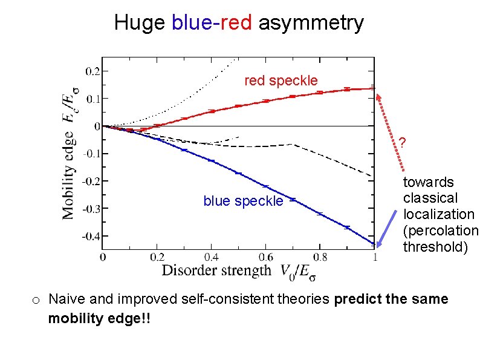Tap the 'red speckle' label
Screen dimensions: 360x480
(281, 80)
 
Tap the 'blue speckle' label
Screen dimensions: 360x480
(243, 201)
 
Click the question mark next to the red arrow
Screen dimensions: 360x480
(401, 143)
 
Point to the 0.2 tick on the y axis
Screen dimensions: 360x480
(92, 71)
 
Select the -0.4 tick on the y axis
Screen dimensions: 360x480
(91, 236)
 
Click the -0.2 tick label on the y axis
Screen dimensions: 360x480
(91, 181)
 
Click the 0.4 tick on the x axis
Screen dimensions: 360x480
(211, 257)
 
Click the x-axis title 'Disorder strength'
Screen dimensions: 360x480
(216, 270)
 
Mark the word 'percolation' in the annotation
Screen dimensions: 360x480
(440, 231)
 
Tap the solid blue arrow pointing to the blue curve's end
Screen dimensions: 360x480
(388, 227)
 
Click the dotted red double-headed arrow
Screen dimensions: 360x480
(390, 130)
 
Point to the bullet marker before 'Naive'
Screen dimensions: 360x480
(36, 299)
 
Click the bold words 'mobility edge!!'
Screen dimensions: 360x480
(100, 318)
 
